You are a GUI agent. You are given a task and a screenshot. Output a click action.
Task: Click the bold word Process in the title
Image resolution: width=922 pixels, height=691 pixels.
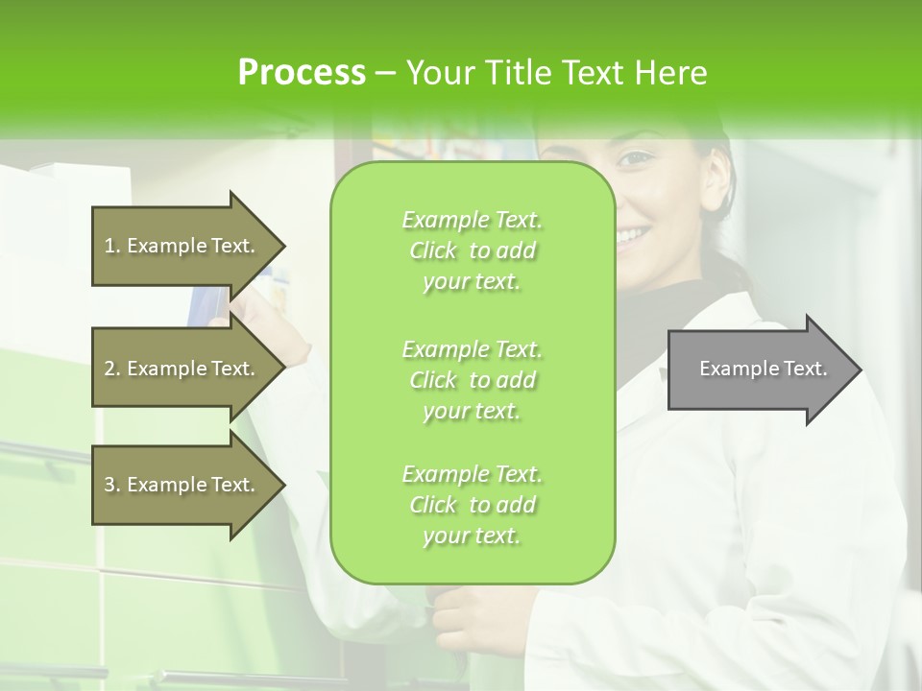pyautogui.click(x=302, y=73)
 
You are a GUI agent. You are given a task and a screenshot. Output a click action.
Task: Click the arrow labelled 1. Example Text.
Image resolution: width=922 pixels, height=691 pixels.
pyautogui.click(x=182, y=246)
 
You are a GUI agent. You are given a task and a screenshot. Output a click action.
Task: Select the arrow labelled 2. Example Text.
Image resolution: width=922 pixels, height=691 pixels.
pyautogui.click(x=182, y=369)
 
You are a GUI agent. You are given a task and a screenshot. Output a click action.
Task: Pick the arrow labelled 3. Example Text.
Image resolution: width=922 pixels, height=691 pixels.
pyautogui.click(x=182, y=485)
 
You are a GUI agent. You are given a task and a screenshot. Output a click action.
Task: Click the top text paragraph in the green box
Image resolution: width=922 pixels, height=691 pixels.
pyautogui.click(x=472, y=250)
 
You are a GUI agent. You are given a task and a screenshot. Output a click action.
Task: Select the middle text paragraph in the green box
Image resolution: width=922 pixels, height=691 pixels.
pyautogui.click(x=472, y=380)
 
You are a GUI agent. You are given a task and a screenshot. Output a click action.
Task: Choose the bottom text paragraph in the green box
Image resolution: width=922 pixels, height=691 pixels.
pyautogui.click(x=472, y=505)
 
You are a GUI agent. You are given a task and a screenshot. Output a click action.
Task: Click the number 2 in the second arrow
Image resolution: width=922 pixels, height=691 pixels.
pyautogui.click(x=109, y=369)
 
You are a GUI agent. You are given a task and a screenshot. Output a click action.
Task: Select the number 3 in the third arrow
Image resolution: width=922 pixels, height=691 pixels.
pyautogui.click(x=109, y=485)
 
